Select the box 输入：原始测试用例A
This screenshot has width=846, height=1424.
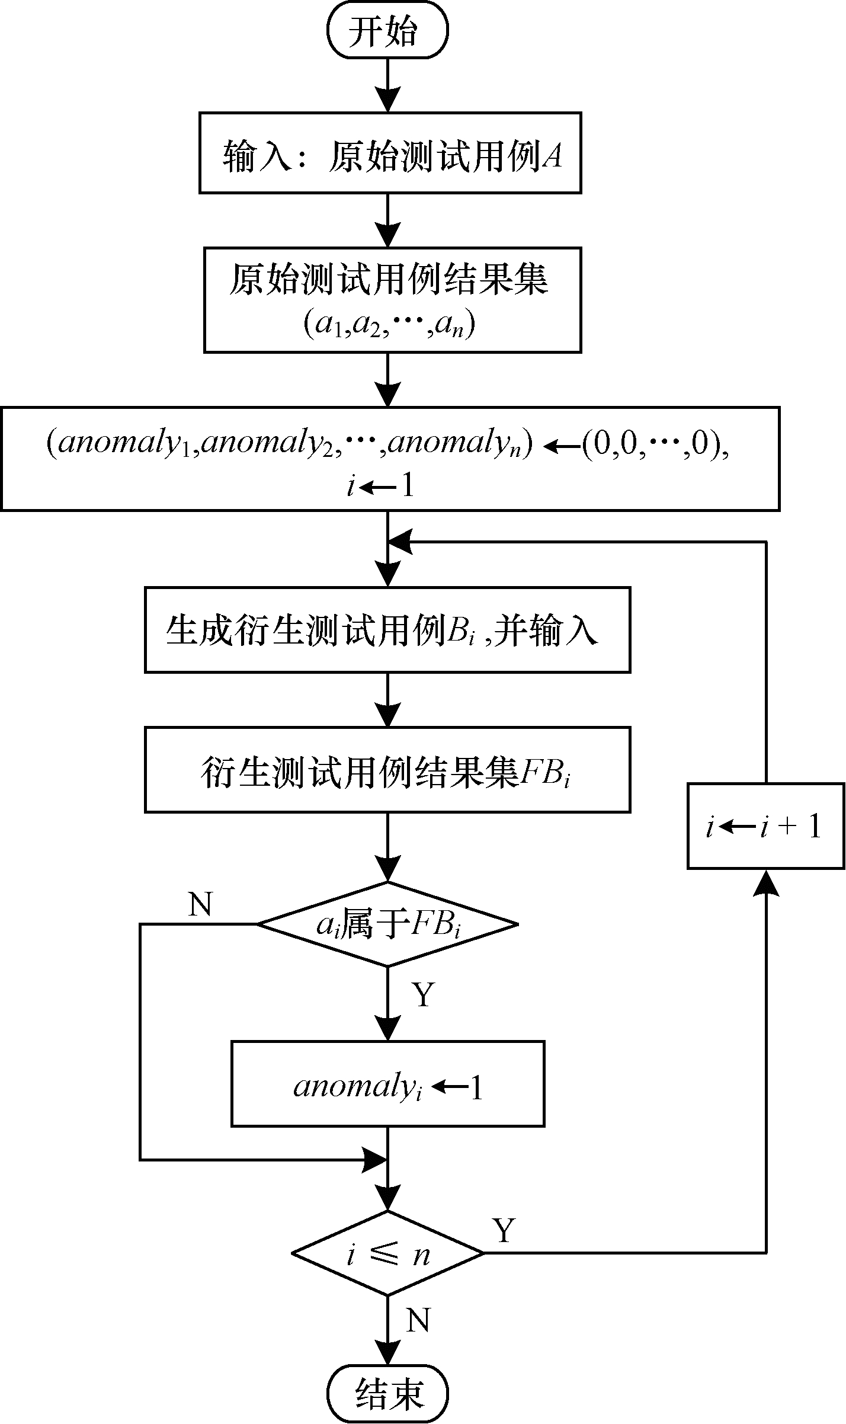390,153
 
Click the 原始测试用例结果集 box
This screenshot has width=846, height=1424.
392,300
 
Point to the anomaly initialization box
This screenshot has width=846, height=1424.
390,459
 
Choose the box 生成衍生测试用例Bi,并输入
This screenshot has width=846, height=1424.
387,629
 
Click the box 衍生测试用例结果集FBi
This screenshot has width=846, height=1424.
387,770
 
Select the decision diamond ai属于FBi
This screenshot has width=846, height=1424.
387,924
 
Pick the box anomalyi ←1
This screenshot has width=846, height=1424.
387,1084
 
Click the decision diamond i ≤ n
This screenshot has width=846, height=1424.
387,1253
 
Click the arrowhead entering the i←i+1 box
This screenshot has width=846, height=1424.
766,881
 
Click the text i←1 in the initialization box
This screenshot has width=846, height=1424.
379,487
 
